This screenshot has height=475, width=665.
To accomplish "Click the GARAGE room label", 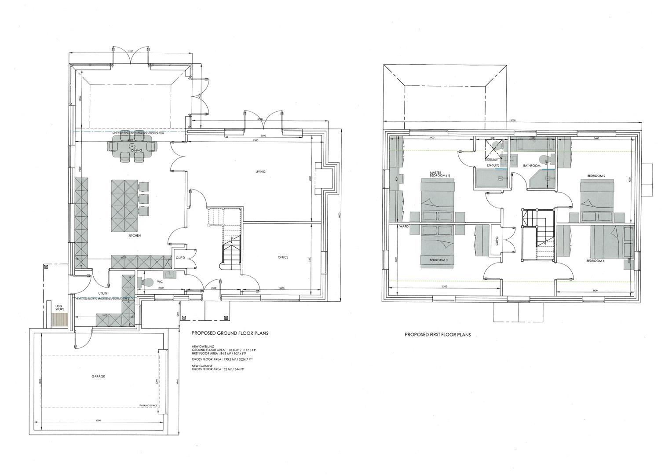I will (98, 376).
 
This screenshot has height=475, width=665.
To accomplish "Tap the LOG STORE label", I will (60, 307).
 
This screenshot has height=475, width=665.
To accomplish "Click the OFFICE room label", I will (283, 257).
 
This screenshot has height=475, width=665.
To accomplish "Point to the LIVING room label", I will (260, 171).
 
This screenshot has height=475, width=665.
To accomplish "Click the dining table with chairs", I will (132, 148).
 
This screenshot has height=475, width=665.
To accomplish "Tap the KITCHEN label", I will (135, 236).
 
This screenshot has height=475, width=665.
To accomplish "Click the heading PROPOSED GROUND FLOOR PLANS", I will (230, 333).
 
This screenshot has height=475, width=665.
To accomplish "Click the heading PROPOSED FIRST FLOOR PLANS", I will (438, 335).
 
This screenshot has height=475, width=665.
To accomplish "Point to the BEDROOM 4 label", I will (596, 261).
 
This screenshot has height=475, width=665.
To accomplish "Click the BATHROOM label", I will (531, 166).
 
